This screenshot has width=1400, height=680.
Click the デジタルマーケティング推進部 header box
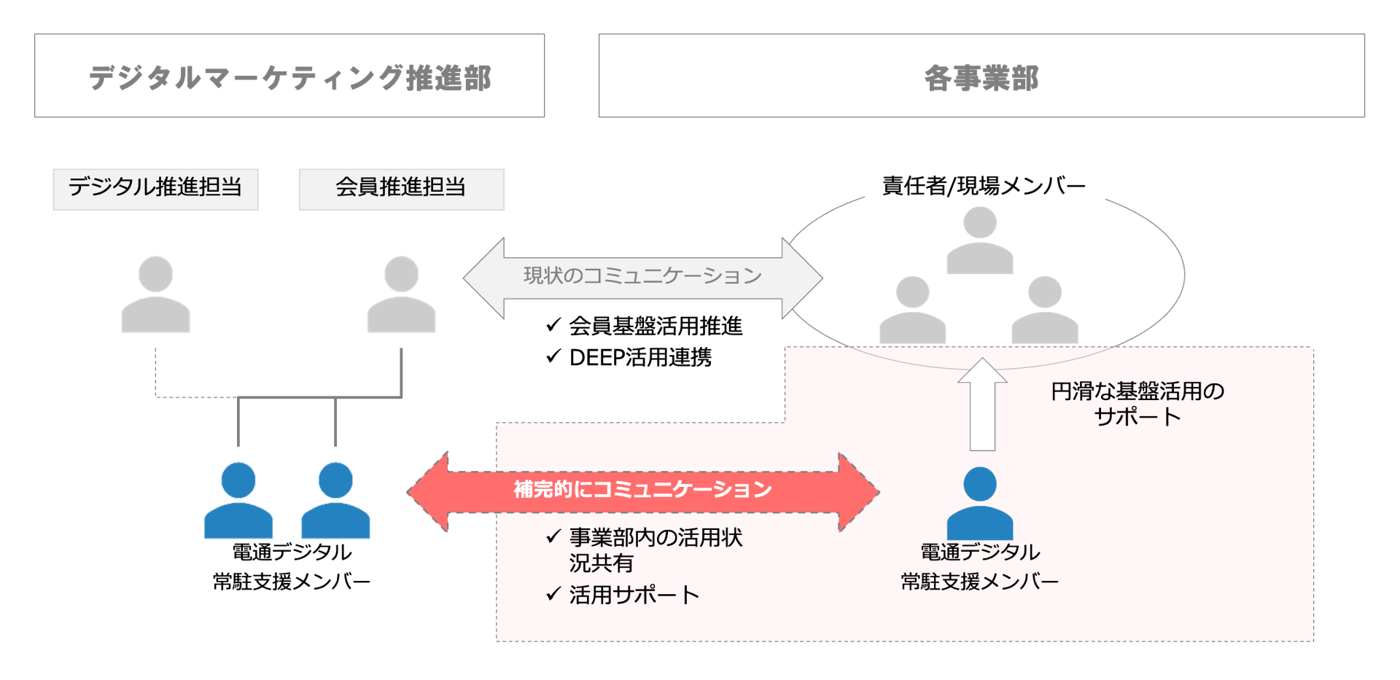289,76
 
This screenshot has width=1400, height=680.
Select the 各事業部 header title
981,77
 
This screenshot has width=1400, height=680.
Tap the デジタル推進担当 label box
155,189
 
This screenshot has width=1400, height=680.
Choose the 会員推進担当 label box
401,189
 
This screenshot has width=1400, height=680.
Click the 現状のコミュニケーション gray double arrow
642,277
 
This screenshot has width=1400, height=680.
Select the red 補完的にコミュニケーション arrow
642,491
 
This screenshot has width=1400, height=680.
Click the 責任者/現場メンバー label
984,187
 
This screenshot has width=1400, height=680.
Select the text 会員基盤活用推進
656,326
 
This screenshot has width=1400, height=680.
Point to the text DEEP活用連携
640,357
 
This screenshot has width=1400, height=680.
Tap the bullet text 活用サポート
634,595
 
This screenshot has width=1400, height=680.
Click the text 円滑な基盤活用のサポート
1137,404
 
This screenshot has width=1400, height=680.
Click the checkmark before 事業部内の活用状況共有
553,537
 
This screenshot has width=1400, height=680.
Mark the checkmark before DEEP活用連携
553,356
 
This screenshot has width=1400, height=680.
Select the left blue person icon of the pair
238,501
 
